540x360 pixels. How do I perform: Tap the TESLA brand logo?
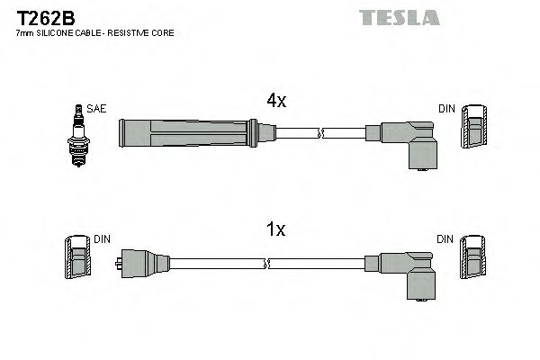399,17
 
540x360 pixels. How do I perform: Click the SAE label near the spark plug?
97,109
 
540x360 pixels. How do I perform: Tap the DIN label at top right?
446,109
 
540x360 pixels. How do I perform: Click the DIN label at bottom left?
101,239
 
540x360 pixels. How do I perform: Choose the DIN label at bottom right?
446,239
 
